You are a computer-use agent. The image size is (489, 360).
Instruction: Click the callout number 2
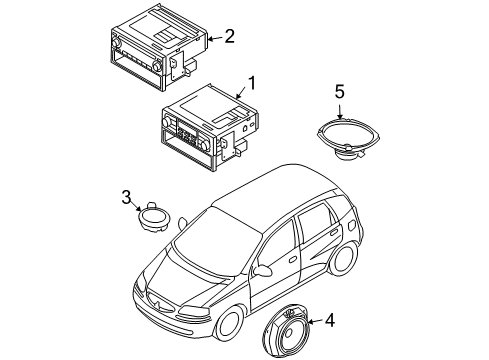229,37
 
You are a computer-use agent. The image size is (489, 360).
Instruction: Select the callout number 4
331,321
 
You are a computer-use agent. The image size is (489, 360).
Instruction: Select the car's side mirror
263,269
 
